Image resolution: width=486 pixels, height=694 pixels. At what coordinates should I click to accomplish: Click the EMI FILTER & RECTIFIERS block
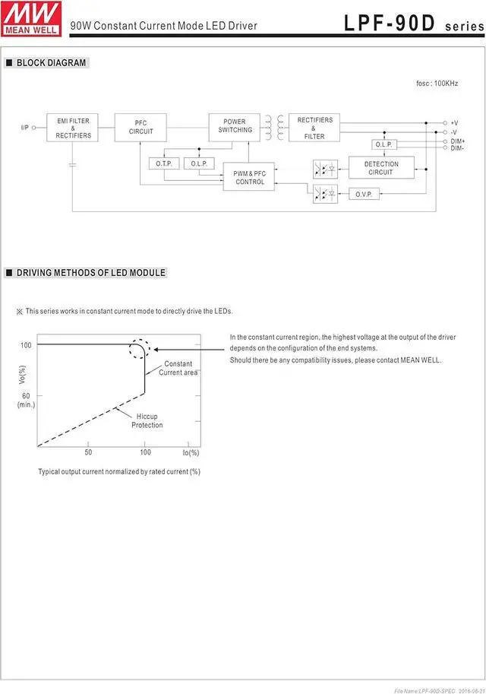click(x=74, y=128)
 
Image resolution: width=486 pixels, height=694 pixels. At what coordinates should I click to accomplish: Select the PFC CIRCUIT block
click(x=140, y=127)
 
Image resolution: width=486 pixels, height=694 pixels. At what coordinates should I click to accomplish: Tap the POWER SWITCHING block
click(x=235, y=126)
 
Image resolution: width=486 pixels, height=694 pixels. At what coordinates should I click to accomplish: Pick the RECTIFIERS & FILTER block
click(x=314, y=128)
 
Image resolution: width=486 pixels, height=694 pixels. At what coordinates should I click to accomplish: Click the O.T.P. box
click(x=164, y=163)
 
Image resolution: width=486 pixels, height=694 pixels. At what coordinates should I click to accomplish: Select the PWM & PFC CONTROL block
click(x=249, y=178)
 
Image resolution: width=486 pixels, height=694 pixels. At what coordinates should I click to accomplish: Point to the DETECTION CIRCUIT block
click(x=381, y=168)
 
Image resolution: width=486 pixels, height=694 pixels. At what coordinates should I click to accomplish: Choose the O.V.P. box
click(x=364, y=194)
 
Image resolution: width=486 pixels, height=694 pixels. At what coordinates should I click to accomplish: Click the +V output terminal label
click(x=454, y=122)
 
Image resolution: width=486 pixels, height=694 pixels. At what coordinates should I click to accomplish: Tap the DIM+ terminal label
click(x=457, y=141)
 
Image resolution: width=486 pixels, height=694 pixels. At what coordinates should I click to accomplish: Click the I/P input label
click(x=24, y=127)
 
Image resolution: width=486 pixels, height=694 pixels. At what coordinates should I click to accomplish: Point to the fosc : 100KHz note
click(x=437, y=83)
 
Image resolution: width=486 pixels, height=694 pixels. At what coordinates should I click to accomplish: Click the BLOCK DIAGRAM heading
click(x=51, y=63)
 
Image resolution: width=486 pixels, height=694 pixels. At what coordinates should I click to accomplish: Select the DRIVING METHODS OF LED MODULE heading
click(x=90, y=273)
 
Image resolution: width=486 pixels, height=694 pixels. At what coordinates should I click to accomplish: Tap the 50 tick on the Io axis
click(x=88, y=452)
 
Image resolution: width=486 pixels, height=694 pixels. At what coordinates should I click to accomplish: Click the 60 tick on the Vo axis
click(x=26, y=395)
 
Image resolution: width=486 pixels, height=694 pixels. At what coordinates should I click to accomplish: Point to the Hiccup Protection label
click(x=147, y=420)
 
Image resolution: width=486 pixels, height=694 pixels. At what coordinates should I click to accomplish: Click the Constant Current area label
click(x=178, y=368)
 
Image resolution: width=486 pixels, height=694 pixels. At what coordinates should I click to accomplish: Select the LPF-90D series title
click(x=413, y=24)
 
